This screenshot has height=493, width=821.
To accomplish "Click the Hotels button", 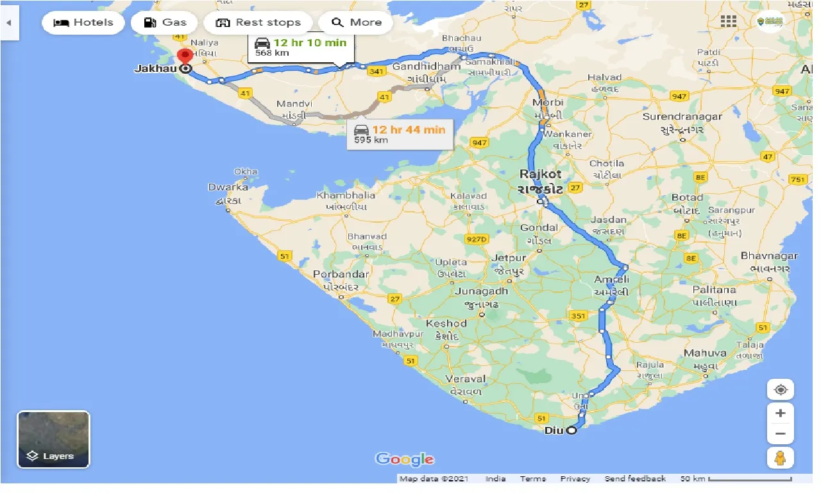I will pos(83,22).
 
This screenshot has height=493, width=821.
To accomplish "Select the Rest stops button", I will pos(258,22).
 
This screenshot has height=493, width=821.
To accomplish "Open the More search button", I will pos(356,22).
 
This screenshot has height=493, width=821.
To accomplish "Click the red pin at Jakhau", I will pos(185,57).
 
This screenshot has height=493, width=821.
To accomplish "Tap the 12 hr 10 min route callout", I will pos(300,47).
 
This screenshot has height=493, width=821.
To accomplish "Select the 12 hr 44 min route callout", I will pos(399,134).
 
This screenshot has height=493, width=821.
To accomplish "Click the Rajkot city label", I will pos(540,174).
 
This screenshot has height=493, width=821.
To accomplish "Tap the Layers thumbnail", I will pos(53,440).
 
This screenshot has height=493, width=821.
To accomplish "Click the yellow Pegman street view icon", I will pos(780,458).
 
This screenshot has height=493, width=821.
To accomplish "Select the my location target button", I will pos(780,390).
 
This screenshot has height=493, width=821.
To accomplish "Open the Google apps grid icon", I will pos(728,21).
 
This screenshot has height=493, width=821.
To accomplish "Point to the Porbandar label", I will pos(341,274).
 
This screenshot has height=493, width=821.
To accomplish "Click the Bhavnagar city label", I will pos(769,255).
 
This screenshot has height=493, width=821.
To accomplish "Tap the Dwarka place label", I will pos(228,187).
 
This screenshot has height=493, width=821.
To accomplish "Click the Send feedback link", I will pos(635,479).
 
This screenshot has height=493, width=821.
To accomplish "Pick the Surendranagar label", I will pos(682,116).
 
